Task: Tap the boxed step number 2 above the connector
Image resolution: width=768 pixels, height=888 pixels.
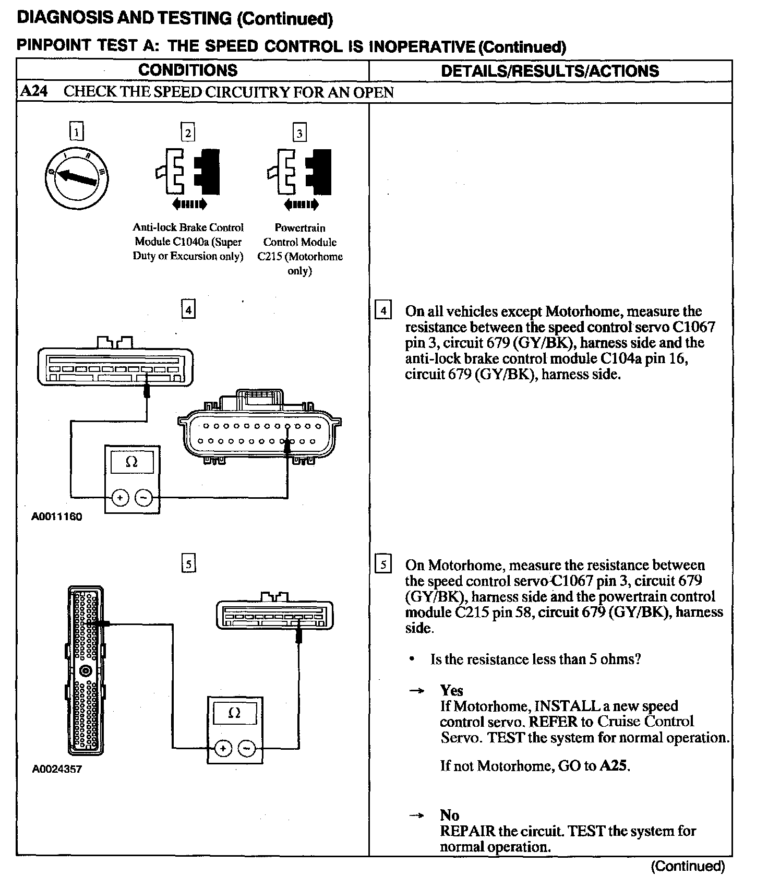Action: tap(188, 133)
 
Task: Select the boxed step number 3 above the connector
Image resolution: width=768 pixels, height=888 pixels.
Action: tap(299, 133)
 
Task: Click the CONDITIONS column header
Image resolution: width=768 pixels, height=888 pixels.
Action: tap(188, 70)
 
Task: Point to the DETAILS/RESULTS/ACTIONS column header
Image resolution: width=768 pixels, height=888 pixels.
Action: tap(550, 71)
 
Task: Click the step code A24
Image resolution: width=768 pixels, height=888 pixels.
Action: tap(34, 92)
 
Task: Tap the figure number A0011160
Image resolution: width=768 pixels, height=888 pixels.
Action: tap(57, 517)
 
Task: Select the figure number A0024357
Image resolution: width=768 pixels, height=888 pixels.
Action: tap(57, 769)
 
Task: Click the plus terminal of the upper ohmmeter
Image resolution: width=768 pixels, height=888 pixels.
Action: tap(121, 498)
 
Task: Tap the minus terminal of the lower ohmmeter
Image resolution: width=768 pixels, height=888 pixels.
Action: tap(246, 749)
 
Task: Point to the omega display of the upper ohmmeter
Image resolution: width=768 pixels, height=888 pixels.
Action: tap(132, 462)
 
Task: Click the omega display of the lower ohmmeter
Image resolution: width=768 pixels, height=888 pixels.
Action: tap(235, 713)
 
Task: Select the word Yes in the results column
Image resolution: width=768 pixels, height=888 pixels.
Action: tap(451, 690)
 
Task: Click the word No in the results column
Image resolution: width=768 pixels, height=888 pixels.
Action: tap(449, 815)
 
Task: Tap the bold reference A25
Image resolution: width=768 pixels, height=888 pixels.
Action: tap(614, 766)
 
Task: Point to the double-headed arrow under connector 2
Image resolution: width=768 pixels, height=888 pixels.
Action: tap(189, 204)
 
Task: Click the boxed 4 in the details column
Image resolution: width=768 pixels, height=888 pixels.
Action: tap(383, 311)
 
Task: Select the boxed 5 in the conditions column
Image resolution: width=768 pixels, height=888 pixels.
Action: tap(188, 564)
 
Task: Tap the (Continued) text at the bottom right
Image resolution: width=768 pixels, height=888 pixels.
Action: tap(688, 867)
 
